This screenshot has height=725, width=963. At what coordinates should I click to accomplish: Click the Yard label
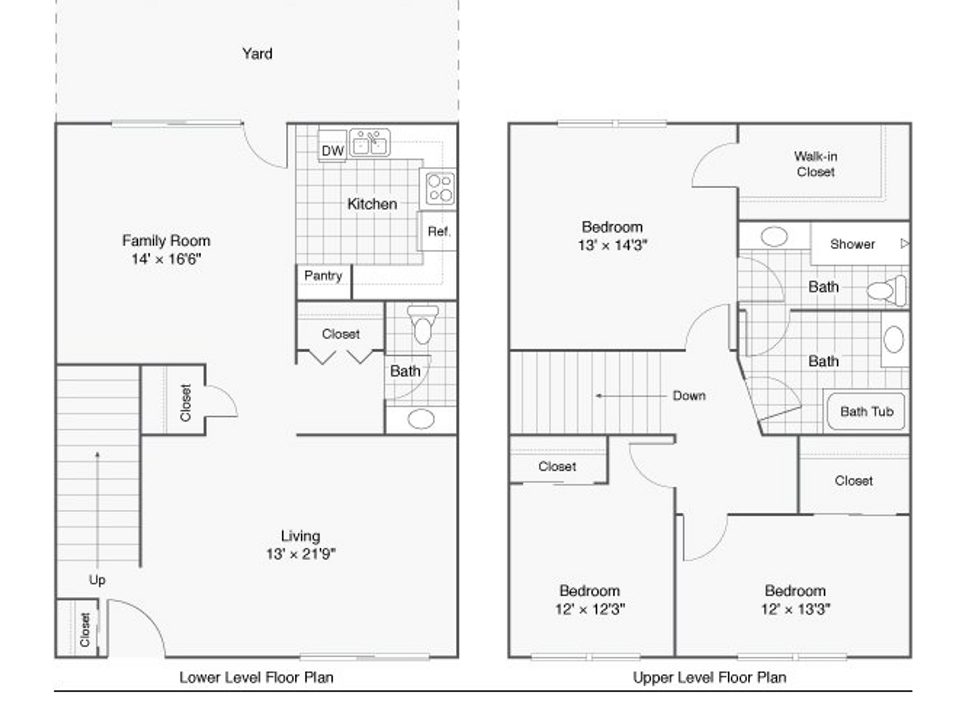[257, 54]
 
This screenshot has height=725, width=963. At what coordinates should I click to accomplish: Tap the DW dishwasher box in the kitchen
[333, 146]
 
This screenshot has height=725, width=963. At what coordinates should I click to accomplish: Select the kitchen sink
[370, 142]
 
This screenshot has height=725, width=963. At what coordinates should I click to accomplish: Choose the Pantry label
[324, 275]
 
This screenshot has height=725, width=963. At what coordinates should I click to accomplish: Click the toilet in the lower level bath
[423, 324]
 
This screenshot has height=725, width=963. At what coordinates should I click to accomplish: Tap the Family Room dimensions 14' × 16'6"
[167, 259]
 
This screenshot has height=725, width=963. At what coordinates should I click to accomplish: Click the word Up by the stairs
[97, 580]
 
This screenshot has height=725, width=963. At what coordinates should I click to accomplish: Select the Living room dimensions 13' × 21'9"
[301, 554]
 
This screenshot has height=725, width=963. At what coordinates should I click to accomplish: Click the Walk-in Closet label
[816, 164]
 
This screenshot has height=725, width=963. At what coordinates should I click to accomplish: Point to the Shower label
[852, 244]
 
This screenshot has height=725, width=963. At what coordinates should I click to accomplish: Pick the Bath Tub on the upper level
[866, 411]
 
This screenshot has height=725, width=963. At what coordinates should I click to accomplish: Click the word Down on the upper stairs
[689, 396]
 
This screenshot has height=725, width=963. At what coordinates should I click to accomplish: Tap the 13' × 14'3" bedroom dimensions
[612, 245]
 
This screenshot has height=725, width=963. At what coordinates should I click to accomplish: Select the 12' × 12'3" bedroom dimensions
[590, 609]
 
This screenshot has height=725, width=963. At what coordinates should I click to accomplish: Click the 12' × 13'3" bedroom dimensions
[796, 609]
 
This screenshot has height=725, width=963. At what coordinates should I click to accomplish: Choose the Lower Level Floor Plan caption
[256, 678]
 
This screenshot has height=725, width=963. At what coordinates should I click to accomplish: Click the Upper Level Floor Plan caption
[710, 678]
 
